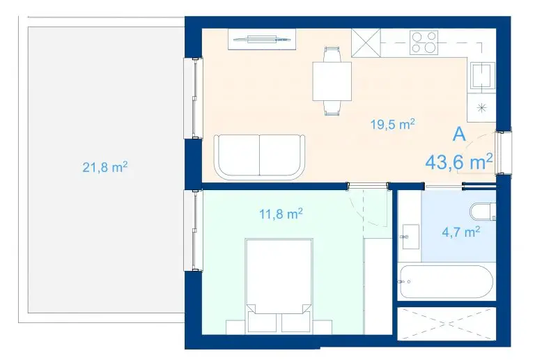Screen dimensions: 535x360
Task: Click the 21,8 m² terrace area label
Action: click(105, 167)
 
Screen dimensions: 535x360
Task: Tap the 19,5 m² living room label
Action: click(393, 124)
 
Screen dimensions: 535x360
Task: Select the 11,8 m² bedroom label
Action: click(281, 214)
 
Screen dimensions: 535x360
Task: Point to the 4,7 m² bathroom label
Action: click(461, 232)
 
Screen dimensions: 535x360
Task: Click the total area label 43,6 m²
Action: click(459, 162)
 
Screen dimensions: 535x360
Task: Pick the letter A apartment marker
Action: click(459, 134)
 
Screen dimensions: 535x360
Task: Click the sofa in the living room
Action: click(259, 157)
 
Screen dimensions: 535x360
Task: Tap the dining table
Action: click(332, 81)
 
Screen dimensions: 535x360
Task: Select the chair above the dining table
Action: click(332, 54)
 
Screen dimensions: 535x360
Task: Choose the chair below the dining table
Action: click(332, 109)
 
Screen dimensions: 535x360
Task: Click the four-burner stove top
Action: click(424, 42)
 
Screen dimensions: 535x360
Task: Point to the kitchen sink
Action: click(481, 75)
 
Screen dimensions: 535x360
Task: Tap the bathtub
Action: click(447, 281)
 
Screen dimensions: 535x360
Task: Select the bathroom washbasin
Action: click(410, 236)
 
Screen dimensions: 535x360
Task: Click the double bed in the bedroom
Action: click(279, 285)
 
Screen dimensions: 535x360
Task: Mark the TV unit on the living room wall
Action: click(262, 40)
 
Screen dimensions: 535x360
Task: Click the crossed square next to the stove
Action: click(366, 43)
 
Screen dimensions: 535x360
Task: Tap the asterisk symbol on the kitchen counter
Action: click(481, 108)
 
